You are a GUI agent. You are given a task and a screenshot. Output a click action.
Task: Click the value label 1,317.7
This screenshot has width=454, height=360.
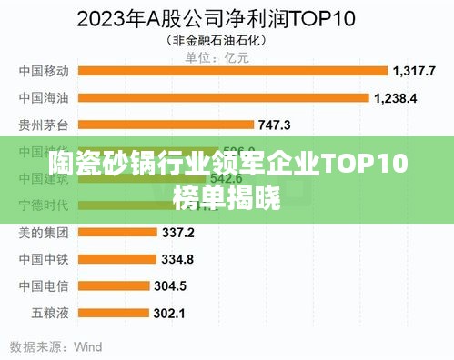point(414,70)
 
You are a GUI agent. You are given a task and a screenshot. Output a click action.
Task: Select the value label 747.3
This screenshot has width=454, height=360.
point(275,125)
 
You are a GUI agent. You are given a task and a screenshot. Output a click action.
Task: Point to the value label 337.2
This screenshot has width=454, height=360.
point(178,233)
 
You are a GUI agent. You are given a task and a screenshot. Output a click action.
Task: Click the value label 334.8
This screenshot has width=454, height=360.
point(177,259)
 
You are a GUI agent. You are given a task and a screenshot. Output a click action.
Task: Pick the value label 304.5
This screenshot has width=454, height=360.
point(170,286)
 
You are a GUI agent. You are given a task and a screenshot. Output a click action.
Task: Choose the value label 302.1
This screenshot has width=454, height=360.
point(169,314)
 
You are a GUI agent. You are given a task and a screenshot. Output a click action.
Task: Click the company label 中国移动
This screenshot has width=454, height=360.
point(44,70)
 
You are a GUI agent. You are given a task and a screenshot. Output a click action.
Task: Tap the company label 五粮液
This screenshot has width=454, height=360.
point(50,314)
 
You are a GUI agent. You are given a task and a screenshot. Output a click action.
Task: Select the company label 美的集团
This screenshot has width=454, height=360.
point(44,233)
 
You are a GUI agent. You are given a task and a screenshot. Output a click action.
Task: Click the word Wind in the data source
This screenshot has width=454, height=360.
point(87,346)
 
